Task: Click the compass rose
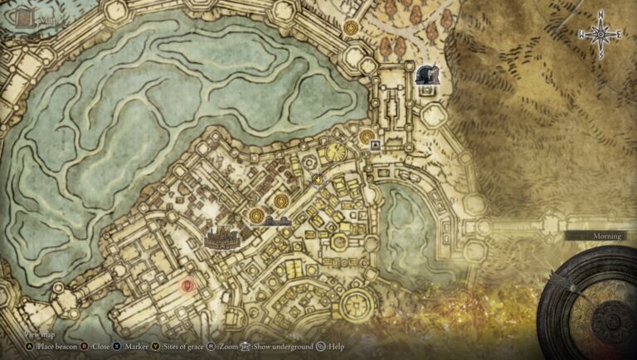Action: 601,35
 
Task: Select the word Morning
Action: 606,236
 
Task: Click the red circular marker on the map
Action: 188,286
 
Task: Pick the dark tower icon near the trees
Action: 428,77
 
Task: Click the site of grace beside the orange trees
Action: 350,27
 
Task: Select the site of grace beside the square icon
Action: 367,135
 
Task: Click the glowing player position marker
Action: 318,178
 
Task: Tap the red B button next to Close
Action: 86,347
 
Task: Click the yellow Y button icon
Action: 157,347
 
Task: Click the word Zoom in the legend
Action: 228,347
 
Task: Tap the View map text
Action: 26,334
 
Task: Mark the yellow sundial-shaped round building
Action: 335,153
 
